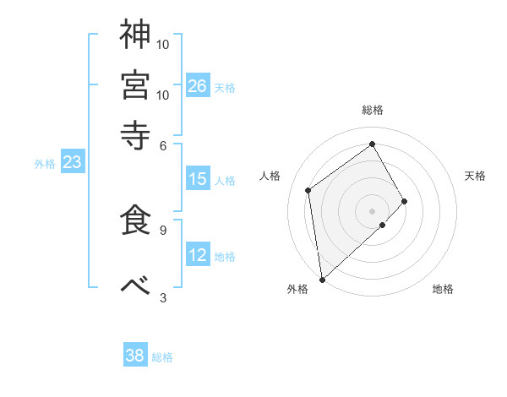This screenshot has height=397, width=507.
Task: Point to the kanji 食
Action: (x=135, y=218)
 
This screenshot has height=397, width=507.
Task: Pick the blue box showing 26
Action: (x=198, y=86)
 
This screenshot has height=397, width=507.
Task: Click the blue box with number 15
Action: (x=198, y=179)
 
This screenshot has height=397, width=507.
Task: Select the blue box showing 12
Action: (x=198, y=255)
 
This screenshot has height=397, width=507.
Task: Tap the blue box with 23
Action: (x=72, y=163)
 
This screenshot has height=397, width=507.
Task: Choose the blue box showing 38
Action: (x=135, y=356)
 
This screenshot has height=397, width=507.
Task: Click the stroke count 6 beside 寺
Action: (x=163, y=144)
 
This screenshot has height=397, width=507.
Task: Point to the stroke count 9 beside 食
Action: (x=163, y=229)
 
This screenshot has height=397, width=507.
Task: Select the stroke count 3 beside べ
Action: (x=163, y=297)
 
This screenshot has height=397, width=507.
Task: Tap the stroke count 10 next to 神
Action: (x=163, y=44)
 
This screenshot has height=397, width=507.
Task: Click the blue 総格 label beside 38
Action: (x=162, y=357)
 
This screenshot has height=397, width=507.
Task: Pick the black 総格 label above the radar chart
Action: (x=373, y=111)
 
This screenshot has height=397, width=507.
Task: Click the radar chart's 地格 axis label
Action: (x=443, y=290)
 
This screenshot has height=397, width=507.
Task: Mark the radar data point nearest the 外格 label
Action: (x=322, y=279)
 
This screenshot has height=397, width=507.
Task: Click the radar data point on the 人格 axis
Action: (x=308, y=190)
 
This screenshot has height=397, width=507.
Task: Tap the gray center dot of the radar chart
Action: (x=373, y=210)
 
